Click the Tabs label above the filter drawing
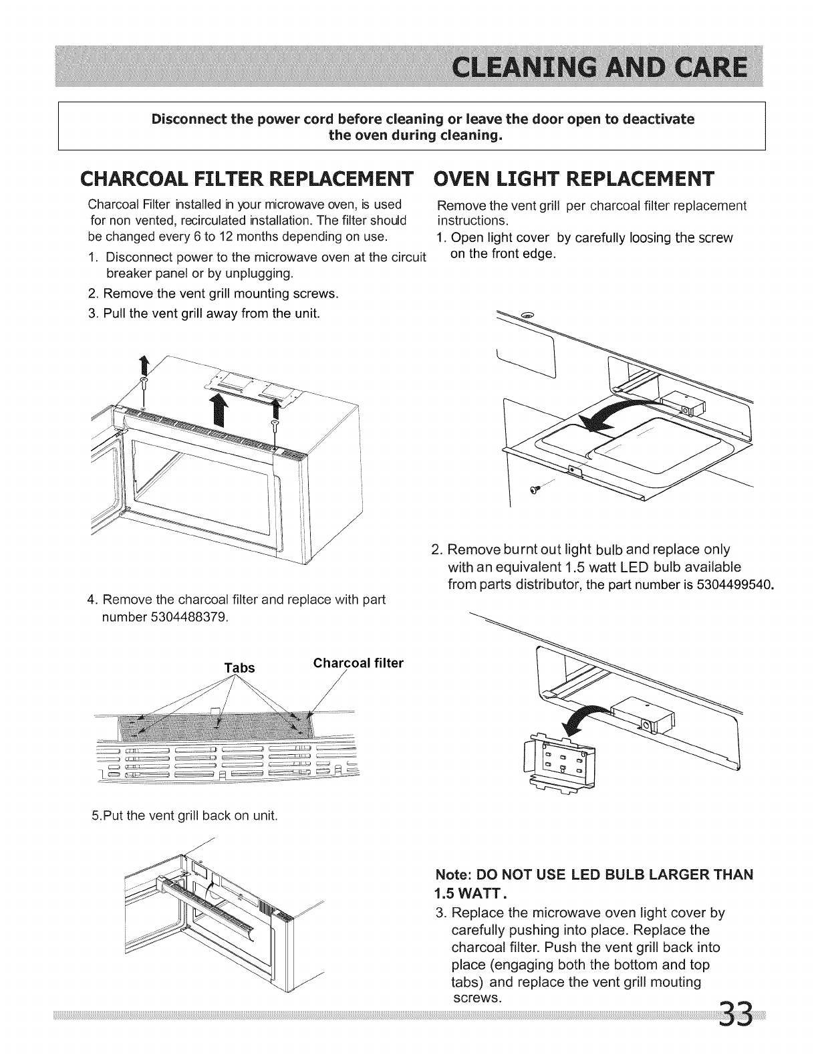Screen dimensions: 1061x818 (x=239, y=668)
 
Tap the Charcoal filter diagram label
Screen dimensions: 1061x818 (x=359, y=663)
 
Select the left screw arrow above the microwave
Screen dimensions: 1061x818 (x=142, y=367)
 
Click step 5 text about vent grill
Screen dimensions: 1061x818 (x=184, y=816)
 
